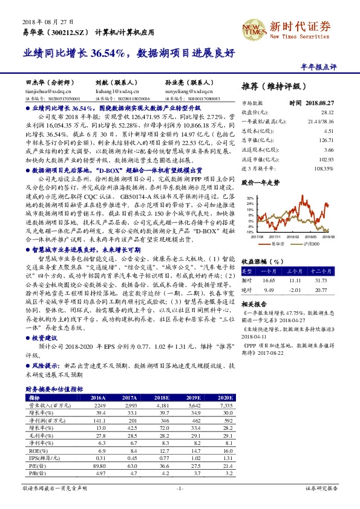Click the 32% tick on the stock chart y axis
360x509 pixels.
pos(250,198)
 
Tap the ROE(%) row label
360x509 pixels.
pos(35,451)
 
